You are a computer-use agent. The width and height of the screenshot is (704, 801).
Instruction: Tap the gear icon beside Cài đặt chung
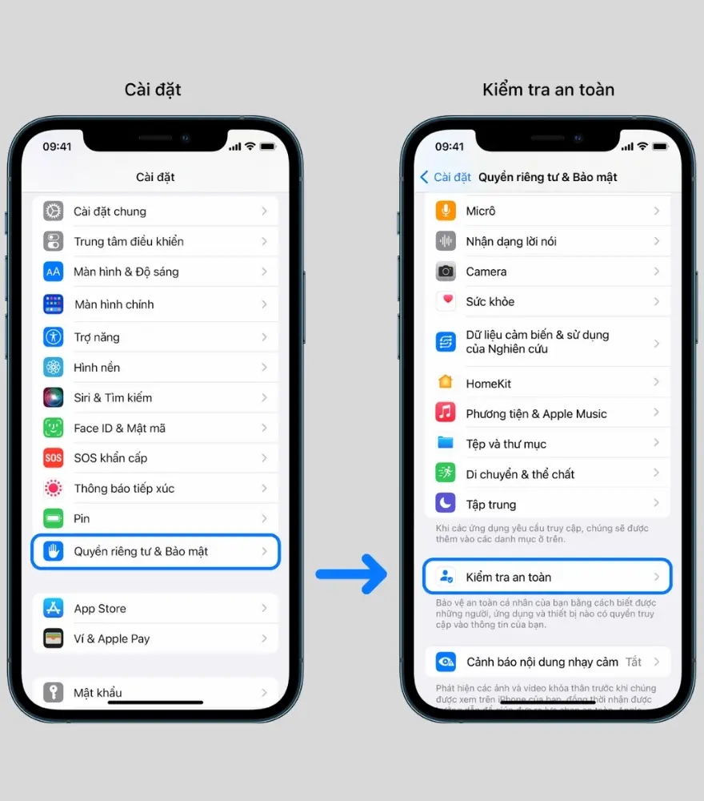(x=54, y=211)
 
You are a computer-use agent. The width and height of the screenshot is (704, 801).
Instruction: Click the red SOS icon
(x=54, y=458)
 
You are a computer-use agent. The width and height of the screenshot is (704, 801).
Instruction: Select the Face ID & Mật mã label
(x=119, y=429)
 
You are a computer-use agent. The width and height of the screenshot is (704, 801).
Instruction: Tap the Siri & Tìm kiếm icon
(x=54, y=398)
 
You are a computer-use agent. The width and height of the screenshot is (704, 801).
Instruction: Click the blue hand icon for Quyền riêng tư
(x=54, y=551)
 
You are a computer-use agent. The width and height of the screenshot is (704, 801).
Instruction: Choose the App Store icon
(x=54, y=609)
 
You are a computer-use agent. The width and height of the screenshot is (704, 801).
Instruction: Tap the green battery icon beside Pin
(x=54, y=519)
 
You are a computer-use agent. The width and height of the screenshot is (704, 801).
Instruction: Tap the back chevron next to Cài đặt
(x=425, y=177)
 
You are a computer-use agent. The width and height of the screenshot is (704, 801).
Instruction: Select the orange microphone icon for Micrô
(x=446, y=211)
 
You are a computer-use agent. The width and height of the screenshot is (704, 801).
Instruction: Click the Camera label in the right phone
(x=486, y=272)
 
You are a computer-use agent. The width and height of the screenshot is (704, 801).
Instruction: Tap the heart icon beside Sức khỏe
(x=446, y=302)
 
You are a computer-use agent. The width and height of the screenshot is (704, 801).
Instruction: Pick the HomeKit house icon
(x=446, y=384)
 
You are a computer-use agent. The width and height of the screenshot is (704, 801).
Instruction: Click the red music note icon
(x=446, y=413)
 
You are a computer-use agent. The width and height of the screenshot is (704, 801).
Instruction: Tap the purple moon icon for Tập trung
(x=446, y=504)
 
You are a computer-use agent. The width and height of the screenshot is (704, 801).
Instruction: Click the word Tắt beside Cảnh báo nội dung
(x=634, y=662)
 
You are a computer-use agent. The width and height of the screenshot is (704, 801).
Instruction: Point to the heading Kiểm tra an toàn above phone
(x=548, y=90)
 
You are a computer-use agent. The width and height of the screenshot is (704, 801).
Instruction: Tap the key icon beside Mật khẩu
(x=54, y=692)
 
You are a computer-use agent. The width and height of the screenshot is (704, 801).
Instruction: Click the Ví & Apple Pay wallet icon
(x=54, y=638)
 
